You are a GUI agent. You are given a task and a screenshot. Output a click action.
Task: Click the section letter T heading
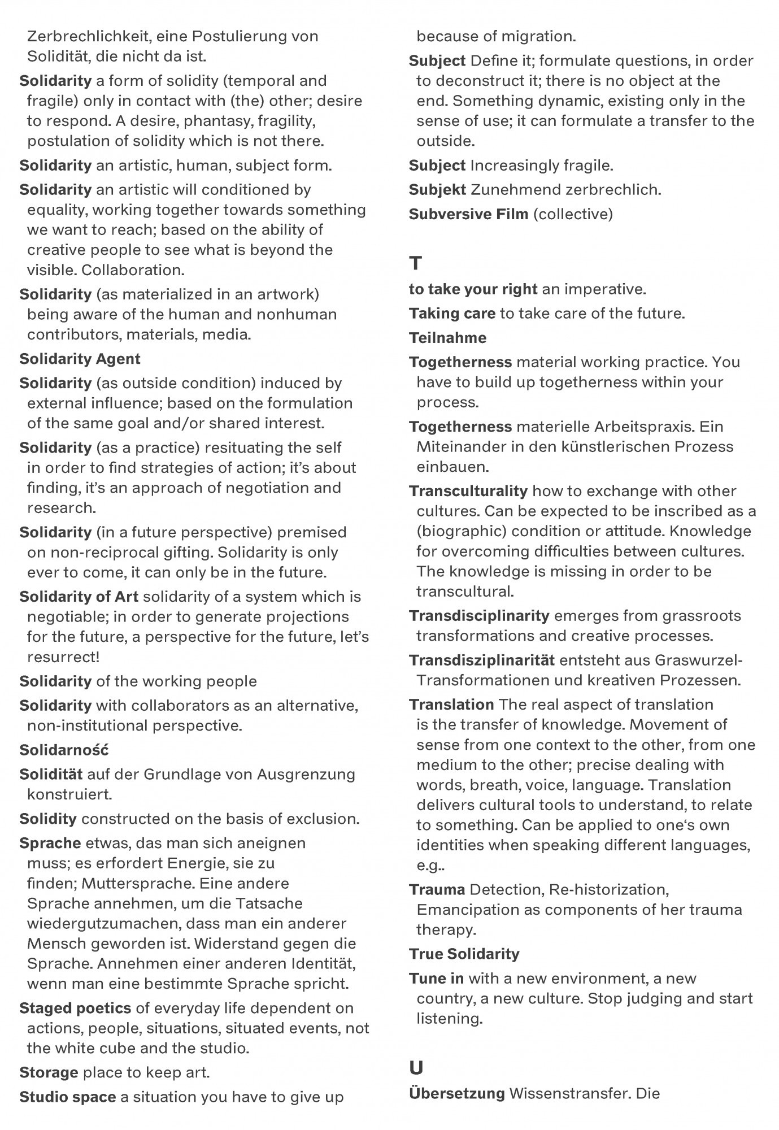pos(415,263)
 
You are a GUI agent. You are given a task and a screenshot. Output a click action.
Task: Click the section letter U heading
pos(416,1068)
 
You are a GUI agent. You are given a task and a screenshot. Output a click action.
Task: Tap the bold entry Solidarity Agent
pos(80,359)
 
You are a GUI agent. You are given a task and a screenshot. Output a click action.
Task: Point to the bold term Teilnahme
pos(447,338)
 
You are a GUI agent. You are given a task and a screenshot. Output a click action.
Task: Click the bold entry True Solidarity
pos(464,954)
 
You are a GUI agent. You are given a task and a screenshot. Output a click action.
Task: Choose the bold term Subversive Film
pos(468,214)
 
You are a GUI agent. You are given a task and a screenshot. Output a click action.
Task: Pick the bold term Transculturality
pos(468,491)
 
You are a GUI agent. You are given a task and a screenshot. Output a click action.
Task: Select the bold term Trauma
pos(437,889)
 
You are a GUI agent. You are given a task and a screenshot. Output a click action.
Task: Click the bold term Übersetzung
pos(456,1093)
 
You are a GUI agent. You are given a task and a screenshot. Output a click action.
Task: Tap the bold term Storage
pos(49,1072)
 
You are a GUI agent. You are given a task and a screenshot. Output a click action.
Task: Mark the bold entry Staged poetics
pos(75,1008)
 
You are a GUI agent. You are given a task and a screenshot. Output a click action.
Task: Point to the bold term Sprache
pos(50,843)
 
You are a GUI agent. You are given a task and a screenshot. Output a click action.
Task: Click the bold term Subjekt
pos(437,190)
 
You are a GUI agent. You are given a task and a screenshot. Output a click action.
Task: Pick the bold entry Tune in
pos(436,978)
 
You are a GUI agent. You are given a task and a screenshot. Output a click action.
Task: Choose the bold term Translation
pos(451,705)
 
